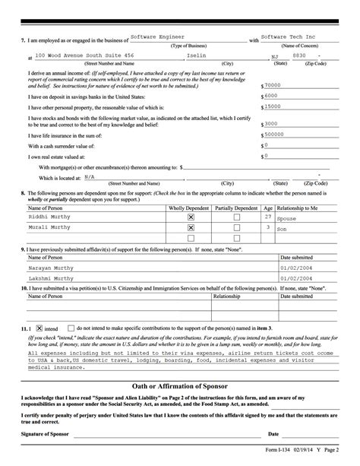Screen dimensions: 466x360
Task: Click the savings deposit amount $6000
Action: (271, 97)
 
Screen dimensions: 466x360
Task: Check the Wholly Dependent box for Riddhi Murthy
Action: (191, 217)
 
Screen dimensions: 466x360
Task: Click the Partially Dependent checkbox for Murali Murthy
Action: (236, 227)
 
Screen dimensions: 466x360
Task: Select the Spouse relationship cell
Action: (288, 217)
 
